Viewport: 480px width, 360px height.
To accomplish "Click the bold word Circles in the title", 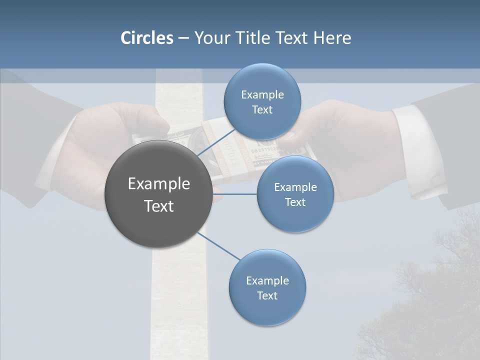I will pos(146,38).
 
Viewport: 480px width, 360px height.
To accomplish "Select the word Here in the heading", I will pos(332,38).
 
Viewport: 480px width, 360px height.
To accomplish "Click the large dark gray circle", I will pos(158,194).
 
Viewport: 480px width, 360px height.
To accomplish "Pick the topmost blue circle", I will pos(262,101).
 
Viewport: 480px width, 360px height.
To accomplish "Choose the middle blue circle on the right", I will pos(295,194).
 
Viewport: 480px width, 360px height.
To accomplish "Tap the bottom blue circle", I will pos(267,287).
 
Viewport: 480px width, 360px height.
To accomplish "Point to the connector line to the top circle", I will pos(216,142).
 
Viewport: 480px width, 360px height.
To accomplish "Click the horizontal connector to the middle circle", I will pos(234,194).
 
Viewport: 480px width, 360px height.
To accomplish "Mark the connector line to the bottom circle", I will pos(219,246).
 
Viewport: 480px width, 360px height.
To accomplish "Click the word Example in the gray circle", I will pos(158,183).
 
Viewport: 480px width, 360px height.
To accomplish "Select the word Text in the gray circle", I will pos(158,205).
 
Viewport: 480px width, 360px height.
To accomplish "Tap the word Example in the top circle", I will pos(262,94).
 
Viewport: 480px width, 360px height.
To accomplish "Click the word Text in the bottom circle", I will pos(267,295).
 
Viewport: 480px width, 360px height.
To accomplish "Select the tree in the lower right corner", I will pos(430,300).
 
